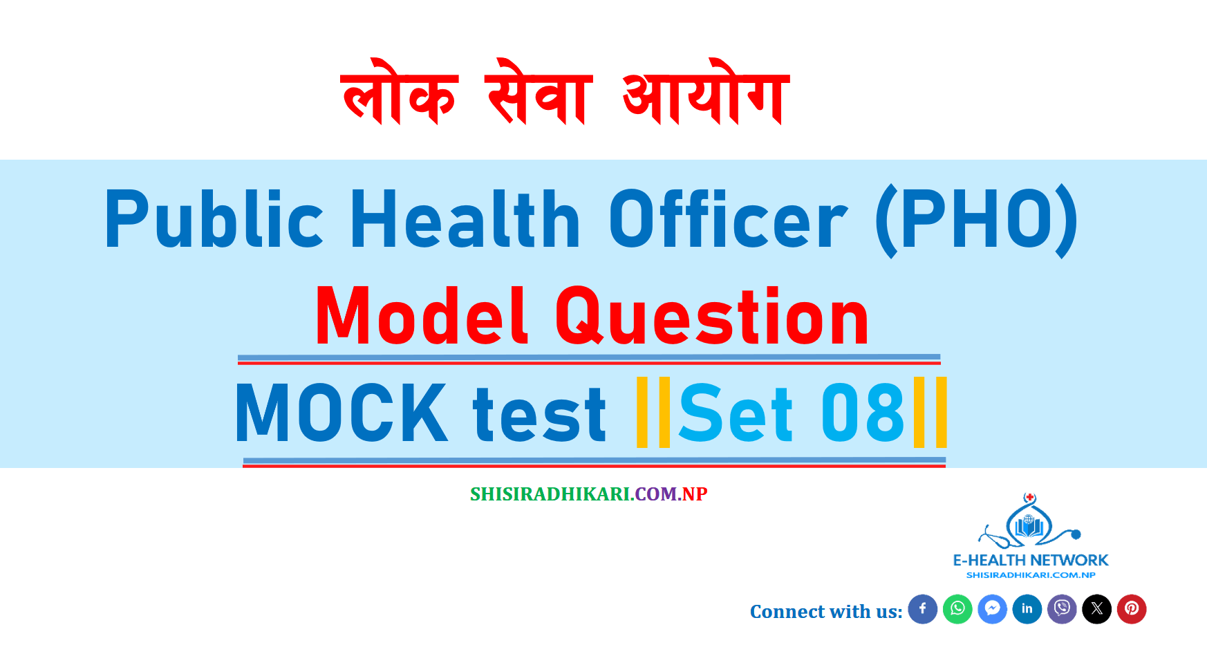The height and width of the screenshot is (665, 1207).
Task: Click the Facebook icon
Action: (922, 609)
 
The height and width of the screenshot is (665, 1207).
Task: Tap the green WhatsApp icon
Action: (957, 609)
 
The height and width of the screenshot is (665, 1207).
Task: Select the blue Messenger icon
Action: (992, 609)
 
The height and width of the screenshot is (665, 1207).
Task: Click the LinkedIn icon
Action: (1027, 609)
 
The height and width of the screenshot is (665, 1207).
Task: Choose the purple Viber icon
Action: (1062, 609)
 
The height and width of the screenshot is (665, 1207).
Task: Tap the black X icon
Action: (1097, 609)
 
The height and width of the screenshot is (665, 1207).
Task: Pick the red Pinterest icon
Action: (1132, 609)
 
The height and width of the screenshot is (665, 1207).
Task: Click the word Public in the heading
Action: (214, 219)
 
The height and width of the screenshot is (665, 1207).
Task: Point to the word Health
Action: (465, 219)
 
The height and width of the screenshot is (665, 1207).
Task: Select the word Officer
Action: (728, 219)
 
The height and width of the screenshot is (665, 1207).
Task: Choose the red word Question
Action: (712, 317)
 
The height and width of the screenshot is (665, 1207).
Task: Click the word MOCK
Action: (341, 413)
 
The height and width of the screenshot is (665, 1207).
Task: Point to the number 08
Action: (863, 413)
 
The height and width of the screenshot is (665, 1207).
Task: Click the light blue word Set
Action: (736, 413)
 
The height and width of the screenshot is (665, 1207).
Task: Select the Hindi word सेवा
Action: (539, 91)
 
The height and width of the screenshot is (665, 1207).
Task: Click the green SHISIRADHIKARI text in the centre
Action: (550, 494)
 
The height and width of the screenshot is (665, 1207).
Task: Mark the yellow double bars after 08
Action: (930, 413)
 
